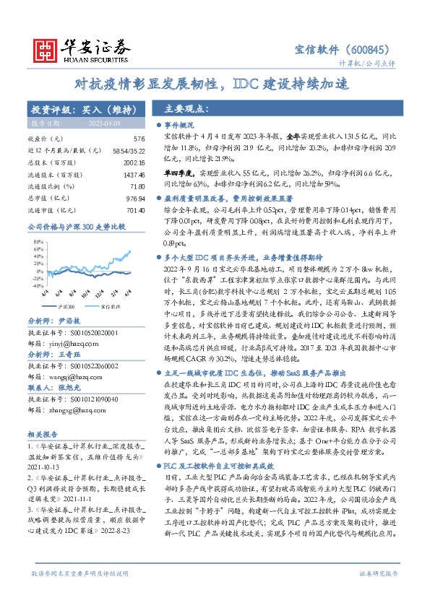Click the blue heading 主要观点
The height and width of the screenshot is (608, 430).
(186, 109)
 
